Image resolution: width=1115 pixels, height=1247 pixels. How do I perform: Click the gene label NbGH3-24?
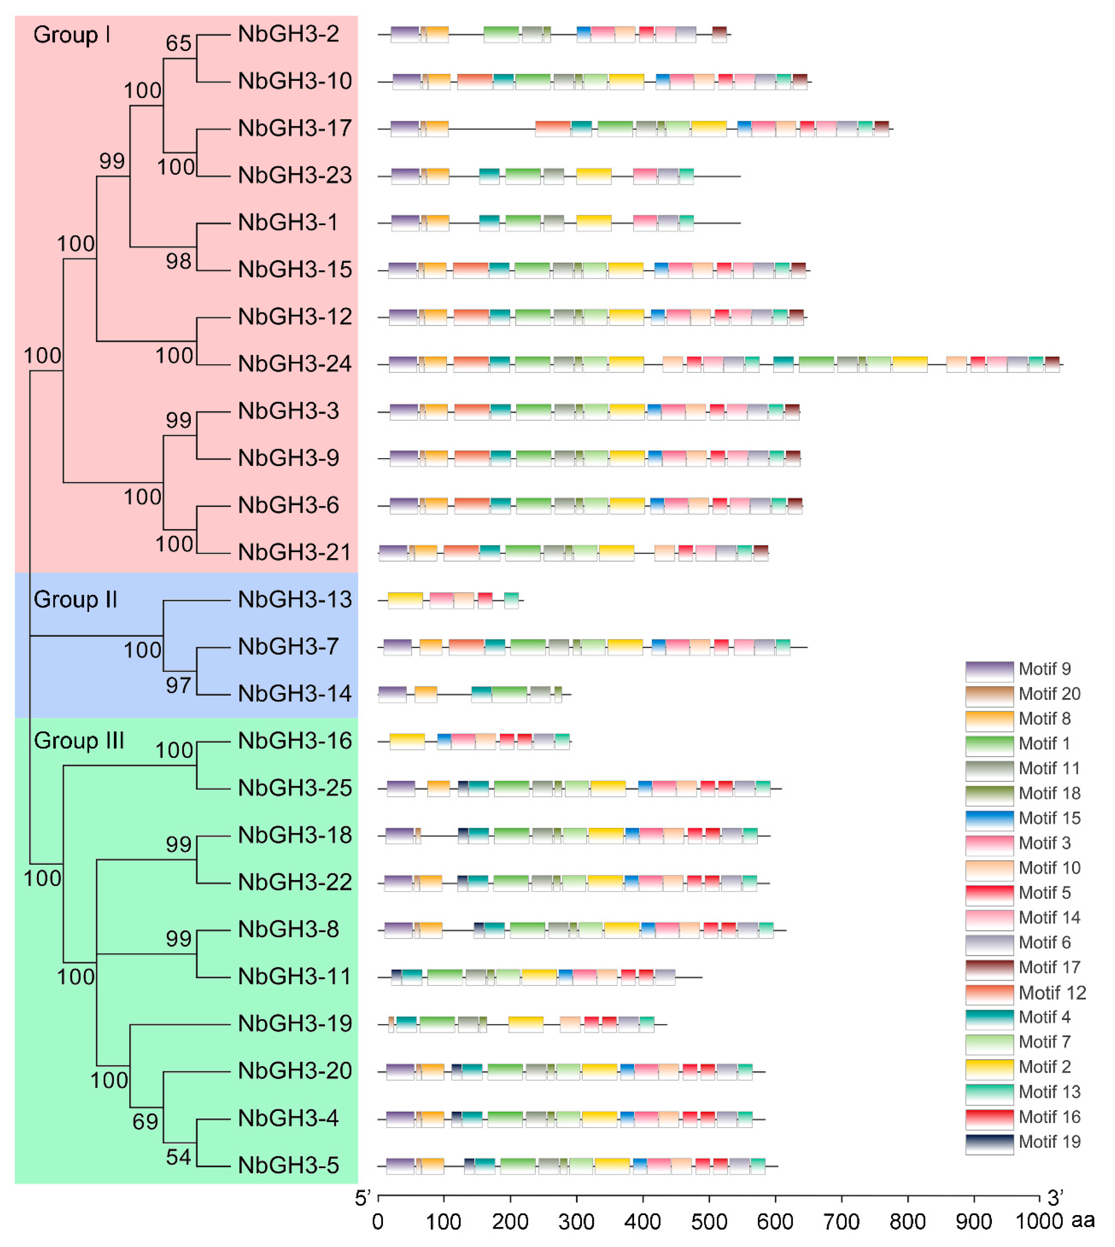pos(295,364)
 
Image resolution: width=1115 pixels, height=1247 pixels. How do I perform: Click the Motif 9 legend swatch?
pos(989,671)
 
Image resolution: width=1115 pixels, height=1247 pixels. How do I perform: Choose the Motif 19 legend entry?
pos(1049,1142)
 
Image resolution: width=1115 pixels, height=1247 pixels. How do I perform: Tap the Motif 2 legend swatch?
pos(989,1069)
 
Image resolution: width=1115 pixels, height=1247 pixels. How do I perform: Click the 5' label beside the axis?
pos(363,1198)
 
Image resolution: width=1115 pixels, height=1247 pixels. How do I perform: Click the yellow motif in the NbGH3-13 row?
pos(405,600)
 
